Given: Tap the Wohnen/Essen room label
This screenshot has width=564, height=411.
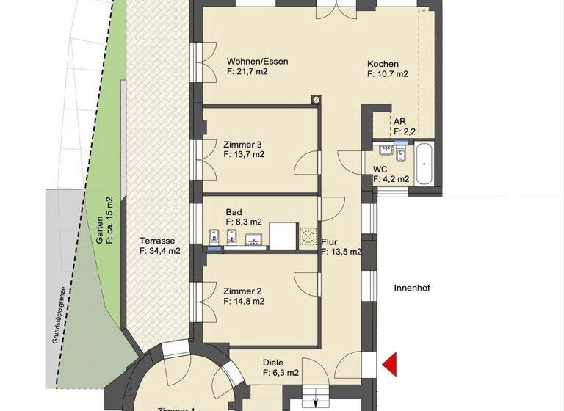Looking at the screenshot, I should [257, 62].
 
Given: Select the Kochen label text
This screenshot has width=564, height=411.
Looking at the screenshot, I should [383, 63].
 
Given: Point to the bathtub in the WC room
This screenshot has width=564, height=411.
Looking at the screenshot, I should [424, 164].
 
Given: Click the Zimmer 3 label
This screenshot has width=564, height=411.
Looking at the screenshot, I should [243, 144].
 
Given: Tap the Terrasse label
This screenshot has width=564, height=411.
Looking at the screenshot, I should [156, 241].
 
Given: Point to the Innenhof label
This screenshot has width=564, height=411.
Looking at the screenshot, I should [411, 288].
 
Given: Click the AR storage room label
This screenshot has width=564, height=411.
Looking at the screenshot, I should [399, 122].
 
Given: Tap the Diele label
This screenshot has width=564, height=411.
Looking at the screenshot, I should [273, 362].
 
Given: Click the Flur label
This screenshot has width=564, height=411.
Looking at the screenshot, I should [330, 241].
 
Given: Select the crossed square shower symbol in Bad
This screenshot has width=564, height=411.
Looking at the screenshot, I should [308, 236].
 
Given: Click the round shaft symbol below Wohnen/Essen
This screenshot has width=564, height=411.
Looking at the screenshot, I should [317, 98].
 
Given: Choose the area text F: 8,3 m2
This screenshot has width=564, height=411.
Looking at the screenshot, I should [244, 221].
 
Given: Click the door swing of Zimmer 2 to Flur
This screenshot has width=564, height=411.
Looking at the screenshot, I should [305, 283].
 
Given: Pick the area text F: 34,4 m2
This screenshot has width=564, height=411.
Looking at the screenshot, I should [160, 251].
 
